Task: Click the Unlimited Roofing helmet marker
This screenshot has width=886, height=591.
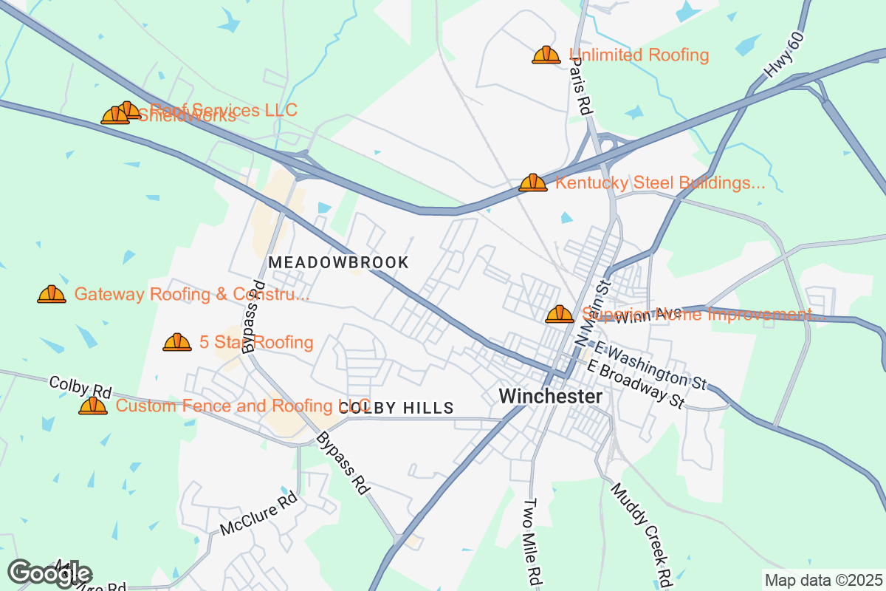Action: tap(546, 55)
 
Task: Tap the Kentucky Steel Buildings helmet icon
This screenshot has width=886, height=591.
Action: tap(532, 182)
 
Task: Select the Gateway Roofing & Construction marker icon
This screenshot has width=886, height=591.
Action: tap(52, 294)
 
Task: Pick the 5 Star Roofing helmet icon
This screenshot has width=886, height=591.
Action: tap(177, 342)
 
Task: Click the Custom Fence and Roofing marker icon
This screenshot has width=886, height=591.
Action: tap(93, 406)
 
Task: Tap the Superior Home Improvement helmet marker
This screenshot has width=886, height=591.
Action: tap(559, 315)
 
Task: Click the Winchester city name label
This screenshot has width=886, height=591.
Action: tap(550, 396)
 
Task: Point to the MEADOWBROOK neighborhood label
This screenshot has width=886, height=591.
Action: tap(338, 262)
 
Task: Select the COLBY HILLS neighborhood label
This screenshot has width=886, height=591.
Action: tap(396, 409)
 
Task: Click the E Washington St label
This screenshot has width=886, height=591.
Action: tap(650, 366)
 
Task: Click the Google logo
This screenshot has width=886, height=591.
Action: tap(50, 573)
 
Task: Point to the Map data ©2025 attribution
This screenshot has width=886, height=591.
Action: tap(823, 581)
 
